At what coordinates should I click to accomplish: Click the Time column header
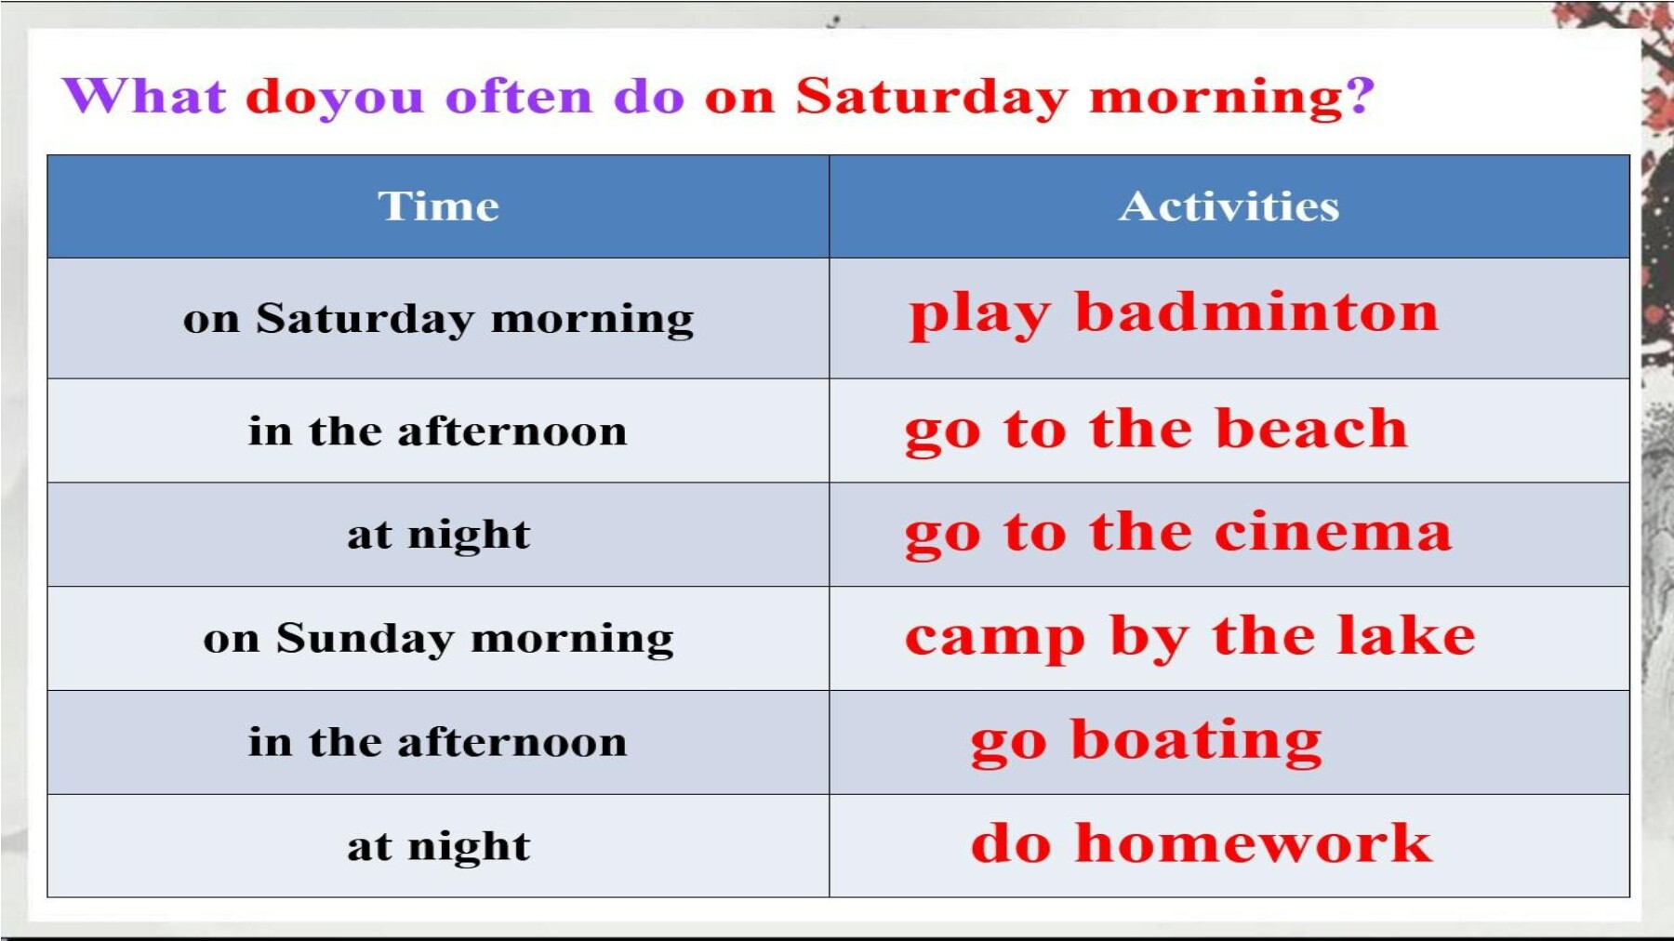pos(438,206)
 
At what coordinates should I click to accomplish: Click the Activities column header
pos(1229,206)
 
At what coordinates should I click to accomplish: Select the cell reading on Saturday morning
pos(438,318)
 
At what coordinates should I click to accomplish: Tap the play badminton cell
pos(1229,318)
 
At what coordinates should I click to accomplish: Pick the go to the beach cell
pos(1229,431)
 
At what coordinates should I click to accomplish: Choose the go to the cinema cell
pos(1229,535)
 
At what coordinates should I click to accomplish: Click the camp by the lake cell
pos(1229,639)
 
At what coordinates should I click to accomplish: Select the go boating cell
pos(1229,742)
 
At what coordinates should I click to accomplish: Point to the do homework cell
pos(1229,846)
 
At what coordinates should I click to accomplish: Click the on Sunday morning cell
pos(438,639)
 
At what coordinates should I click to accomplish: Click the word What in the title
pos(144,96)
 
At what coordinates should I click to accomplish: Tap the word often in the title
pos(519,96)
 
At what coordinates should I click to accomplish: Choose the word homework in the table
pos(1254,843)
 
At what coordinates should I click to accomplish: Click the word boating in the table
pos(1196,741)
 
